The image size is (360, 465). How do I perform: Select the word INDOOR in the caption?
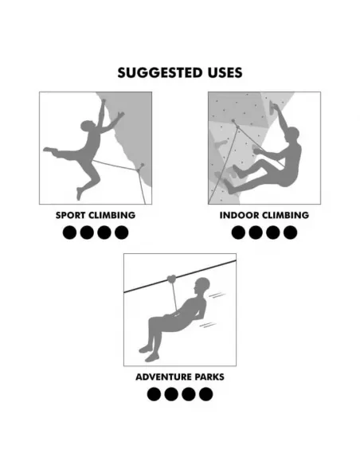point(241,215)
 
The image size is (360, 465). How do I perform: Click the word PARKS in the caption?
point(206,377)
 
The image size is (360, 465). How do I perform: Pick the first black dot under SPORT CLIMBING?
point(69,232)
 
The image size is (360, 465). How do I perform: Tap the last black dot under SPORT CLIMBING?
point(121,232)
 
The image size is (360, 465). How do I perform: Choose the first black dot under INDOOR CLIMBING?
point(238,232)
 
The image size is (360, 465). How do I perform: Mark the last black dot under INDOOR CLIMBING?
point(290,232)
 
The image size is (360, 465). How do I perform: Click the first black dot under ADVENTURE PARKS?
point(154,394)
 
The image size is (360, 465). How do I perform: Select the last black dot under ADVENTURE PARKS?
point(206,394)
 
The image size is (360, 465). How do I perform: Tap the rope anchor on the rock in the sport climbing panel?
point(140,167)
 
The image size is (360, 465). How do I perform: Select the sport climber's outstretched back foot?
point(48,149)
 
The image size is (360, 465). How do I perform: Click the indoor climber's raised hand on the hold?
point(278,109)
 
